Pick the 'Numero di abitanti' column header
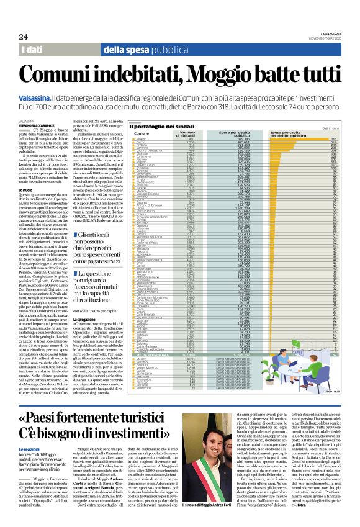(187, 135)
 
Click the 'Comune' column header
(142, 135)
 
